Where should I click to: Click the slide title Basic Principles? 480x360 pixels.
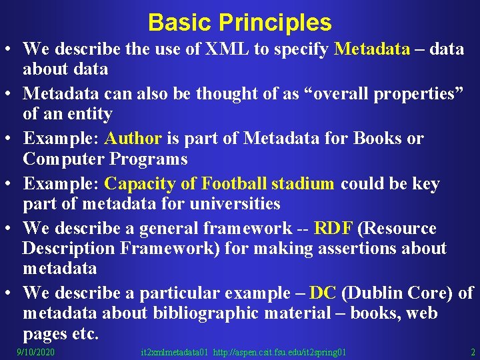click(x=239, y=23)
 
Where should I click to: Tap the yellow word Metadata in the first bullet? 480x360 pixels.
click(x=372, y=49)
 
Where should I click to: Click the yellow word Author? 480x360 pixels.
click(x=133, y=139)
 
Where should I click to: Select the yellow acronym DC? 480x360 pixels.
click(x=323, y=293)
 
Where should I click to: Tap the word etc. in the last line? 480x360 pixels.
click(x=84, y=333)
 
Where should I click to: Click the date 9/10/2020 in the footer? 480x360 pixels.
click(x=36, y=352)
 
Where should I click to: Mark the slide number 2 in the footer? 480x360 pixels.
click(x=473, y=352)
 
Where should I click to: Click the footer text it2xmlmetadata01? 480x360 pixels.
click(x=176, y=352)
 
